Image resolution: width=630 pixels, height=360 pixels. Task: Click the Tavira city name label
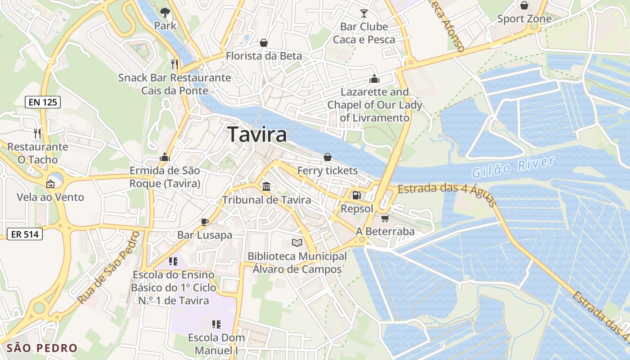click(x=257, y=134)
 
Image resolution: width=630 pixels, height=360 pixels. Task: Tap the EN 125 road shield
click(x=43, y=102)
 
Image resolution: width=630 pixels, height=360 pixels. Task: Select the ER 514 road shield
click(x=25, y=234)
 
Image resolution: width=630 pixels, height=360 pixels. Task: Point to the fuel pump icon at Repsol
click(x=356, y=195)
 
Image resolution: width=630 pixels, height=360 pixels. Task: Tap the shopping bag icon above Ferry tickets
click(x=328, y=157)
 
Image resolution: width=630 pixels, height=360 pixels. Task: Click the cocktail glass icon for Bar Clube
click(x=364, y=13)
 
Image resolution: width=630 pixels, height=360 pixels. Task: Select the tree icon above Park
click(x=165, y=12)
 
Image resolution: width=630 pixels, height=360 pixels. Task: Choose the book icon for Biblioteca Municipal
click(x=297, y=243)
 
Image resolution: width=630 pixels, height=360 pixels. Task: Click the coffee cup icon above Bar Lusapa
click(x=204, y=221)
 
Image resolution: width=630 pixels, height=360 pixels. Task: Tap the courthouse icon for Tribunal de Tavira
click(x=266, y=186)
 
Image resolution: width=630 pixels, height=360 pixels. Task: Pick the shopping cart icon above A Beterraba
click(x=385, y=218)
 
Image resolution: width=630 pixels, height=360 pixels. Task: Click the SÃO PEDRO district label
click(x=42, y=348)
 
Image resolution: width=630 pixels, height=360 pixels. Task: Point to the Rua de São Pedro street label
click(x=108, y=268)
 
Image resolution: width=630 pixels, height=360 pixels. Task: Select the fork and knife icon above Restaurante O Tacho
click(x=37, y=133)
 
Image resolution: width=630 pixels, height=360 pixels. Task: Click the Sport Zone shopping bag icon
click(x=524, y=5)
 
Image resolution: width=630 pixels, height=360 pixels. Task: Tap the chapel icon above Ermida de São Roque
click(x=165, y=157)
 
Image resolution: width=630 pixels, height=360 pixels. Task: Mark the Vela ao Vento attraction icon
click(x=50, y=184)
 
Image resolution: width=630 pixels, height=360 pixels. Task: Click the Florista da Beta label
click(x=264, y=56)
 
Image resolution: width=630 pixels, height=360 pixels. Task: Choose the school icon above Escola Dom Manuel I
click(x=216, y=324)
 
